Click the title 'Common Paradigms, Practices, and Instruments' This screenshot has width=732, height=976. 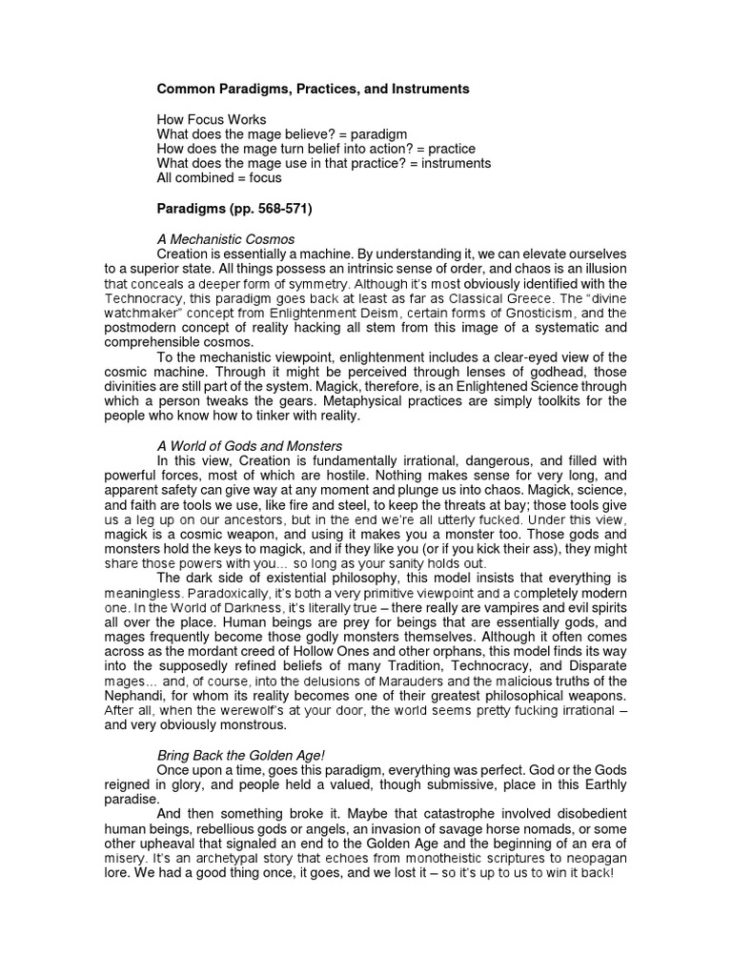pos(313,89)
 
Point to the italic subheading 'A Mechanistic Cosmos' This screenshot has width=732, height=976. pos(226,239)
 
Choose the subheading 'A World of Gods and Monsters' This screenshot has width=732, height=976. pos(249,445)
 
